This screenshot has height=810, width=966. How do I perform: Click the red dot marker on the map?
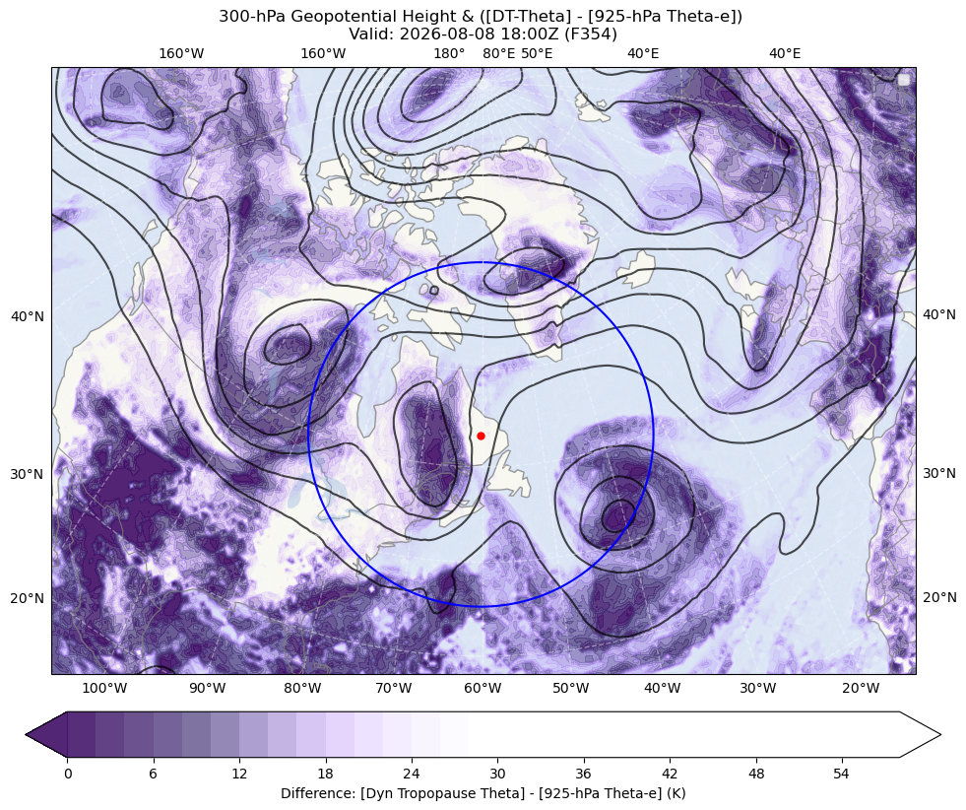(482, 436)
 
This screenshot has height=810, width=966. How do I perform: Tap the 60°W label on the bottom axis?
(483, 688)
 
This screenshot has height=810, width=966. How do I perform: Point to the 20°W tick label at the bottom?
(862, 688)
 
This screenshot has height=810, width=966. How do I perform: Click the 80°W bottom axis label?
(302, 688)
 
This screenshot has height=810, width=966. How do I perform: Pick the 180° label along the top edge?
(449, 53)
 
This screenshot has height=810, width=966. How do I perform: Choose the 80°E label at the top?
(499, 53)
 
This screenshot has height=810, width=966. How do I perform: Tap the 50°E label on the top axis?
(537, 53)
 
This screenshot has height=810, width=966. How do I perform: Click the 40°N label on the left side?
(28, 316)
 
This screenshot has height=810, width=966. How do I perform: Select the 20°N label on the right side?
(939, 597)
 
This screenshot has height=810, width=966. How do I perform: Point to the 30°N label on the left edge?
(28, 474)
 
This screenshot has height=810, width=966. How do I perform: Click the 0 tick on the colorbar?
(68, 774)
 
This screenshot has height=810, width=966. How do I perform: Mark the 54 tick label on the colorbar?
(841, 774)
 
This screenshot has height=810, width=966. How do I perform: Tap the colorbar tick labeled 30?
(497, 774)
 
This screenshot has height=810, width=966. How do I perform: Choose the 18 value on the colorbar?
(325, 774)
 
